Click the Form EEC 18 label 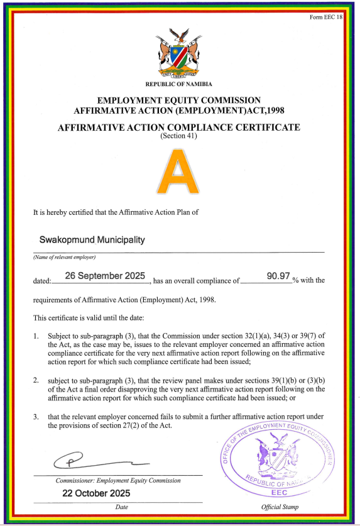[327, 17]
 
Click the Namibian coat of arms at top [179, 53]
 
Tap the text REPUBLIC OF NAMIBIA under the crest [179, 84]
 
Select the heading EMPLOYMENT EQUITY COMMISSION [179, 100]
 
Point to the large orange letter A [178, 171]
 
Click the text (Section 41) [179, 136]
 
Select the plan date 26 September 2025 [105, 276]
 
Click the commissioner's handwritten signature [94, 461]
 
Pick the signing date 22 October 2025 [96, 493]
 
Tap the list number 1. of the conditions [36, 337]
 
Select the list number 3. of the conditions [36, 417]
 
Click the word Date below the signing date [122, 507]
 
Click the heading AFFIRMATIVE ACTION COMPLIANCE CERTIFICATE [179, 128]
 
